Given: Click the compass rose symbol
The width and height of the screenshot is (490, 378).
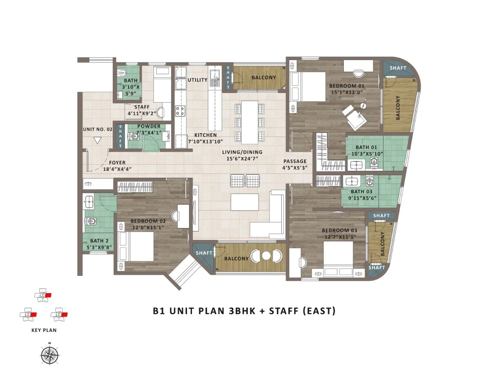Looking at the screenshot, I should point(49,354).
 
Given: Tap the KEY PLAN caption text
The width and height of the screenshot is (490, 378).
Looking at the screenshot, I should point(44,330).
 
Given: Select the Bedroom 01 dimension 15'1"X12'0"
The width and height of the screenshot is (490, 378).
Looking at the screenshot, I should point(347,92).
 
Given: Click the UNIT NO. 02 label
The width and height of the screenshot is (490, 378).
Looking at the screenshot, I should point(97,129).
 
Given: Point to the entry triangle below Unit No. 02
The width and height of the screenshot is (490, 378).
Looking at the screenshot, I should point(97,140).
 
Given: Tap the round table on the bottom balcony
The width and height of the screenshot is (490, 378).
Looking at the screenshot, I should point(266,256).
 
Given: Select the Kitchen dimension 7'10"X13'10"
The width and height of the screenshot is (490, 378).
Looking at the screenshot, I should point(205,141).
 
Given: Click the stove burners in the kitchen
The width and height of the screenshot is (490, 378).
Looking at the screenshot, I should point(180,110).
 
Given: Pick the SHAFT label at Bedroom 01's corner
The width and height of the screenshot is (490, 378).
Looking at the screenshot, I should point(398,68).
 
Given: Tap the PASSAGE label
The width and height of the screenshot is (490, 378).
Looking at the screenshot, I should point(295,161).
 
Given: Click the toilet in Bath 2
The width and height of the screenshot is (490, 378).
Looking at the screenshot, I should point(92,221).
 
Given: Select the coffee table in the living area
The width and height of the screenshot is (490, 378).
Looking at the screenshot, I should point(245,202).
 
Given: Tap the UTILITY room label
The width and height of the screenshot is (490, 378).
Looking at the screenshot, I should point(198,80).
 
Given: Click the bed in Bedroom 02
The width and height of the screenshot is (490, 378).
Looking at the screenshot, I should point(136,246).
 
